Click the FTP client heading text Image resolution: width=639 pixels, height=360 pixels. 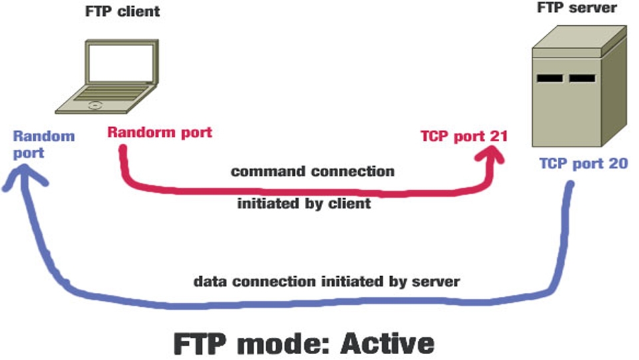122,12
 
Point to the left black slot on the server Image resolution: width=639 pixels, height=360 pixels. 550,79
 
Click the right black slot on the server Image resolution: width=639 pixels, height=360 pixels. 582,79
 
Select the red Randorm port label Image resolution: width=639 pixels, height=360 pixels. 159,132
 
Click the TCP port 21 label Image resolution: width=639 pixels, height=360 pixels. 464,136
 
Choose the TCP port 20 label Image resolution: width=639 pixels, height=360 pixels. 583,164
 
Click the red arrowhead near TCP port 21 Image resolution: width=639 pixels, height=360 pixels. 493,155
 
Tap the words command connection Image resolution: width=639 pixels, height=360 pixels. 312,172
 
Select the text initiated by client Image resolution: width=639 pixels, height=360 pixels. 304,204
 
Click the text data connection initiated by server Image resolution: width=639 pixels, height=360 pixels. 326,281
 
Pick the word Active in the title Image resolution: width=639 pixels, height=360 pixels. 387,344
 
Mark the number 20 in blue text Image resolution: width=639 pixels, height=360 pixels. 617,164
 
